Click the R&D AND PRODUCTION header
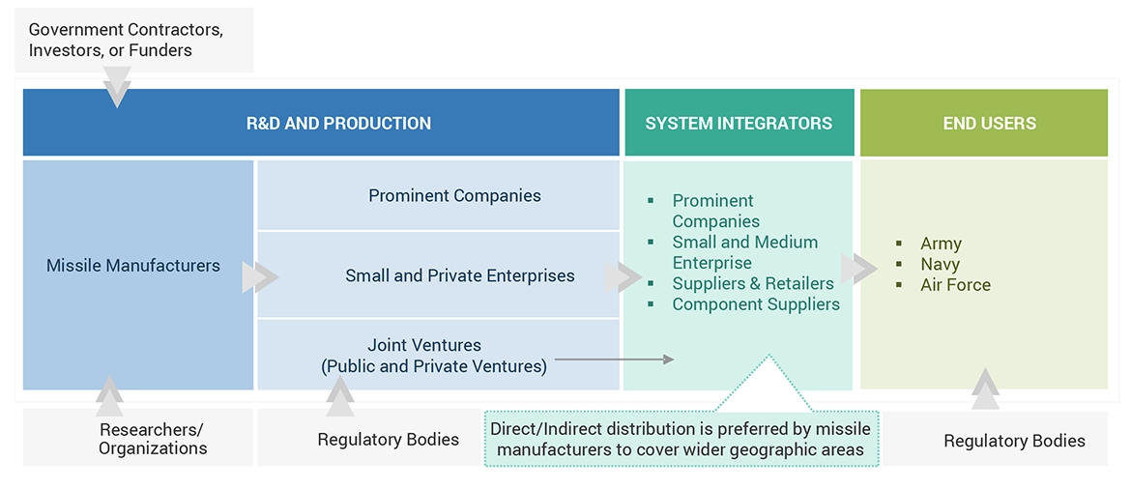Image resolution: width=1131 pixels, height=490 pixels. (x=338, y=124)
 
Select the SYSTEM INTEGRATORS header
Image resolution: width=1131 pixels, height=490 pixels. (x=739, y=124)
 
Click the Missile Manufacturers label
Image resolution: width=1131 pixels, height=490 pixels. (x=133, y=266)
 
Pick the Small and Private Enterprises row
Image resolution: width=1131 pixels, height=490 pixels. (x=459, y=276)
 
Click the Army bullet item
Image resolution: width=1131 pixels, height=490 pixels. (x=941, y=244)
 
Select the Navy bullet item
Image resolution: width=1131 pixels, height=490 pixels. (x=940, y=264)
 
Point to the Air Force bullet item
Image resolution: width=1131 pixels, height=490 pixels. (x=955, y=285)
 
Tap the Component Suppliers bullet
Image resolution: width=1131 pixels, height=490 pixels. (x=756, y=304)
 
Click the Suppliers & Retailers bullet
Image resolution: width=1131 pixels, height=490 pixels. (x=753, y=284)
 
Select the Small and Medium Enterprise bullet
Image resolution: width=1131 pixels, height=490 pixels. (x=745, y=252)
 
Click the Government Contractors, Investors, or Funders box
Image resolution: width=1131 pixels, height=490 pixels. (x=126, y=41)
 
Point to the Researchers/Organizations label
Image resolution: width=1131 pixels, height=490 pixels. (x=153, y=439)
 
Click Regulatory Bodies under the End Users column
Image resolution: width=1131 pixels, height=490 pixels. (x=1014, y=441)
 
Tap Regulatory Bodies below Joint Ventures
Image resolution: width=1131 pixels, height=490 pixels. (x=388, y=440)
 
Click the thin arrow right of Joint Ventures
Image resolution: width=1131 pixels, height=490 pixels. (x=614, y=360)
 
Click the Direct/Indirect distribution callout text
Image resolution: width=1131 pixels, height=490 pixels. (x=680, y=439)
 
